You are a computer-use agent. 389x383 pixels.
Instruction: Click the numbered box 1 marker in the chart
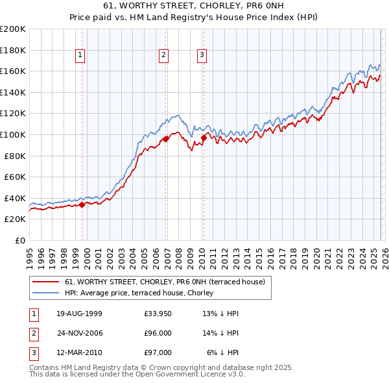pyautogui.click(x=80, y=56)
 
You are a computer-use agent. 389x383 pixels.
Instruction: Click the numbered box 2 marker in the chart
pyautogui.click(x=163, y=56)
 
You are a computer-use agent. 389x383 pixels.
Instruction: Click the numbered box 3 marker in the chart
pyautogui.click(x=202, y=56)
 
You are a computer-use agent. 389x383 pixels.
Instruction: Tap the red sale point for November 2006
pyautogui.click(x=166, y=138)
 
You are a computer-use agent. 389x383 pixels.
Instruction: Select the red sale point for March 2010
pyautogui.click(x=204, y=137)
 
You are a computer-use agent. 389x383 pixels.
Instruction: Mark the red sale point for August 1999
pyautogui.click(x=82, y=204)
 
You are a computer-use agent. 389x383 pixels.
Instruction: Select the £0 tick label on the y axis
pyautogui.click(x=19, y=240)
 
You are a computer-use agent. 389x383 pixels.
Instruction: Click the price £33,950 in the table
pyautogui.click(x=158, y=314)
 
